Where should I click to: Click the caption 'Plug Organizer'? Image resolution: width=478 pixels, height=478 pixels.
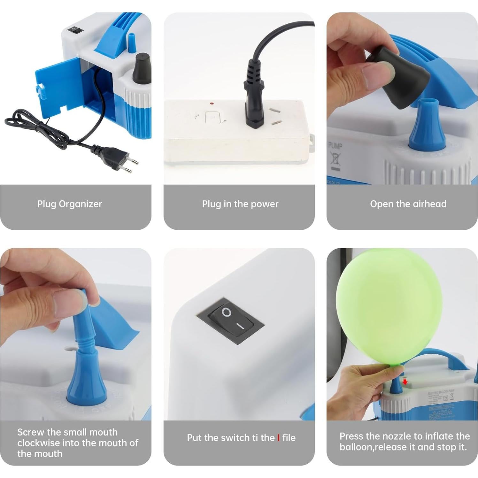point(69,204)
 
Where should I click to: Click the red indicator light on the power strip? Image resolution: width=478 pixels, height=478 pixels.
point(212,104)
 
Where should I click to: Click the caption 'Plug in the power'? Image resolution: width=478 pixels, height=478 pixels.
point(240,204)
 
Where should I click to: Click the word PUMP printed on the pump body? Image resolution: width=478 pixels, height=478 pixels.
point(335,146)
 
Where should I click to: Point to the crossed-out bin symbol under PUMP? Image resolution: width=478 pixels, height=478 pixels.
point(335,159)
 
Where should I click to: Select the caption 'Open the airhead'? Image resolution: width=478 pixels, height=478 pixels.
point(408,204)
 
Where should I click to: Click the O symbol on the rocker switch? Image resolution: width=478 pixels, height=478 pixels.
point(227,312)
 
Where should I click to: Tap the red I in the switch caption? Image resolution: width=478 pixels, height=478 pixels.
point(278,437)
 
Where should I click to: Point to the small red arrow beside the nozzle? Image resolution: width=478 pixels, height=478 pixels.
point(405,382)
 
